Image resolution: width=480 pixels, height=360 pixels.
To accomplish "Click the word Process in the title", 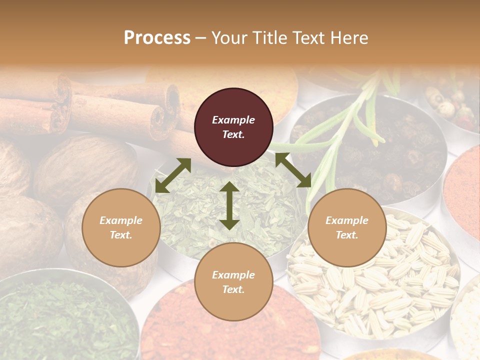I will pos(157,38).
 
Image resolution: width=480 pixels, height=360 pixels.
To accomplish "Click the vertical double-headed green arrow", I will pos(229,205).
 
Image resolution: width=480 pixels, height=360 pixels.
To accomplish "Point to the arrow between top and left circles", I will pos(173,175).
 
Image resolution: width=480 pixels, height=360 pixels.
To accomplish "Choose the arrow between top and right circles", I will pos(293,170).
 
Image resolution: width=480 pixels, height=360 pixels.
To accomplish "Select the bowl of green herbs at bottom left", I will pos(65,320).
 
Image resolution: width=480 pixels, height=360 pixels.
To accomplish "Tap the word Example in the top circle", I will pos(233,120).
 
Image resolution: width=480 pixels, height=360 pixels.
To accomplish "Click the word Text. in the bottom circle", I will pos(233,289).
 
